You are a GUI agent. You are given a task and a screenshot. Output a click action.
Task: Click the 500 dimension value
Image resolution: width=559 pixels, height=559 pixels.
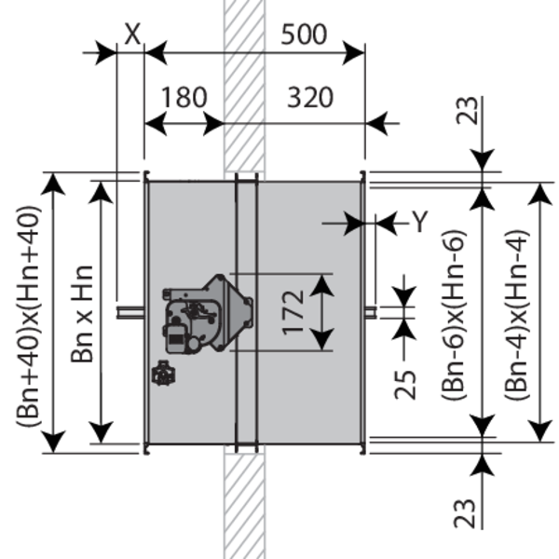(304, 34)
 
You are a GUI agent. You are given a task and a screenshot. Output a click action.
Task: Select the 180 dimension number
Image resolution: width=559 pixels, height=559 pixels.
(184, 97)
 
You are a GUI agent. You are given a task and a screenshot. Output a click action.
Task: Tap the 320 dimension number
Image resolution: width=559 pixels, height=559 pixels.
(310, 98)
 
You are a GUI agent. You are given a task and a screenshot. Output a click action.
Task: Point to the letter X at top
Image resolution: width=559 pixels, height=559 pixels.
(132, 34)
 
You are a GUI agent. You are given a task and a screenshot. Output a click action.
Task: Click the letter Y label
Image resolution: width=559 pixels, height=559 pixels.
(420, 222)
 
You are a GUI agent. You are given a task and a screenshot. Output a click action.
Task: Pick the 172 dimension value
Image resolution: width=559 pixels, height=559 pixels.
(293, 313)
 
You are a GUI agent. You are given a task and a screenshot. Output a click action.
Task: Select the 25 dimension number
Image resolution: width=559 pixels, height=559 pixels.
(405, 385)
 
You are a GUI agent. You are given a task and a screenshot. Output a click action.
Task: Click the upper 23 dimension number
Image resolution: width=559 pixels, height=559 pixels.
(468, 110)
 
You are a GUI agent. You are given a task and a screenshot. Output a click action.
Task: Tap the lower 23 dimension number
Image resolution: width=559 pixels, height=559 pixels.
(465, 513)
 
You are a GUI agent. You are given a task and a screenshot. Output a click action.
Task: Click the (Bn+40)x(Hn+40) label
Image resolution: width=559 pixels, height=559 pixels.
(28, 316)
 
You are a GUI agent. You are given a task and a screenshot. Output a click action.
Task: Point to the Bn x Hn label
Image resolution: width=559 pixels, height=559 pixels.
(82, 314)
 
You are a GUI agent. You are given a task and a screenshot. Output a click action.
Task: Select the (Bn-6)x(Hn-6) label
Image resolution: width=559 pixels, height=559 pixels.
(454, 315)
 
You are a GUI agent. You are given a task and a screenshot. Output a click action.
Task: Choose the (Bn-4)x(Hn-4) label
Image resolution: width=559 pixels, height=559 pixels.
(516, 315)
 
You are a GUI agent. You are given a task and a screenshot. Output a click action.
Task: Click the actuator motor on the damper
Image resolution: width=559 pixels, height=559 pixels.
(208, 315)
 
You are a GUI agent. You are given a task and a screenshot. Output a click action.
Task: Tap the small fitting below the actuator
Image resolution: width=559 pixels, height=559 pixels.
(163, 373)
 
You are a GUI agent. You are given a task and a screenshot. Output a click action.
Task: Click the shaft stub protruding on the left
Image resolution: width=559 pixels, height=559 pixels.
(130, 312)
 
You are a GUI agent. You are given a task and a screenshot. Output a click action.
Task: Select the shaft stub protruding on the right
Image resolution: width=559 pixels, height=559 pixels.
(371, 312)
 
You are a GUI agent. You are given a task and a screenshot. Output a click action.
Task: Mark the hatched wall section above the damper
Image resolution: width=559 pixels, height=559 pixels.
(244, 86)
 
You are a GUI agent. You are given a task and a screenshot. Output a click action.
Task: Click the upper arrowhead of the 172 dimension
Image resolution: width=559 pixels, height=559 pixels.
(322, 286)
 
